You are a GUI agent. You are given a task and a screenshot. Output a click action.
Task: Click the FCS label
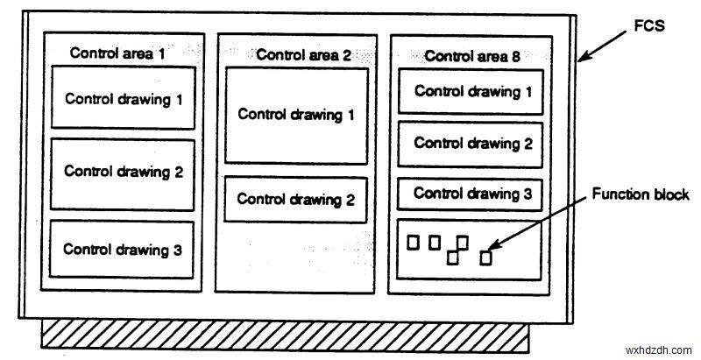tap(648, 26)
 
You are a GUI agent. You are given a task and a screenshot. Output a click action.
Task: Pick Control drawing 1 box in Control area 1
tap(123, 99)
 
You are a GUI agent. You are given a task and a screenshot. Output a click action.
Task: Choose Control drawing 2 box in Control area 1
tap(123, 173)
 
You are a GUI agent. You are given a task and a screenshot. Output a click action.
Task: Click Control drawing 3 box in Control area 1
tap(123, 251)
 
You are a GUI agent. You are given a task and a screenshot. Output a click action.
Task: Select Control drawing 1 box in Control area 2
tap(296, 115)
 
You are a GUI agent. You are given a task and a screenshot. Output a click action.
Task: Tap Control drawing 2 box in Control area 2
tap(296, 199)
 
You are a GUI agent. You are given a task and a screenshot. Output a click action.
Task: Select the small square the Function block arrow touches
tap(486, 258)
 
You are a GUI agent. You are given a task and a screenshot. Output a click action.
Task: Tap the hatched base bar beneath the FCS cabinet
tap(285, 334)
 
